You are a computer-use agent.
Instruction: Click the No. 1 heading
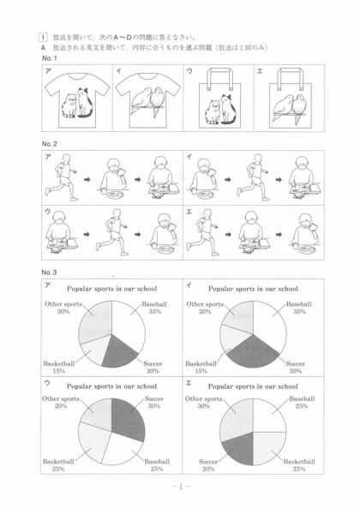click(50, 58)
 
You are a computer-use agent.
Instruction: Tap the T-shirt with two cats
click(77, 99)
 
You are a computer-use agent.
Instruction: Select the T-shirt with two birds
click(147, 99)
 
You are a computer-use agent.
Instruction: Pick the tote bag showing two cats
click(220, 99)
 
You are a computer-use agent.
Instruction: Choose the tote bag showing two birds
click(291, 99)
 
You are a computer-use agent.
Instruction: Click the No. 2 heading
click(50, 144)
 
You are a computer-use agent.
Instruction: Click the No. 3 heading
click(49, 272)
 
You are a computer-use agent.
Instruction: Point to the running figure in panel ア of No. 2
click(62, 177)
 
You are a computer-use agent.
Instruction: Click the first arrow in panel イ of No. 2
click(228, 179)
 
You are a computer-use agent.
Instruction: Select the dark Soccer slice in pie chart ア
click(120, 352)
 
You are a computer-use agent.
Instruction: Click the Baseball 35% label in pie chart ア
click(154, 308)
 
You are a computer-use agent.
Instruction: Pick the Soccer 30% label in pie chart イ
click(295, 368)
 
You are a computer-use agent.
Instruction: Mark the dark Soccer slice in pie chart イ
click(253, 351)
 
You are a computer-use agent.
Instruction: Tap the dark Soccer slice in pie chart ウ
click(128, 418)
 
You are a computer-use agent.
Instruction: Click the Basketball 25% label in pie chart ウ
click(58, 465)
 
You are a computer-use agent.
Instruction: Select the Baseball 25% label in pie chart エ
click(302, 402)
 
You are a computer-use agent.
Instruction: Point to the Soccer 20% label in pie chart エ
click(208, 465)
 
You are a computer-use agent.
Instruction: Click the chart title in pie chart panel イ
click(253, 289)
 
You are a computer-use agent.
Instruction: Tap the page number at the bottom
click(181, 487)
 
